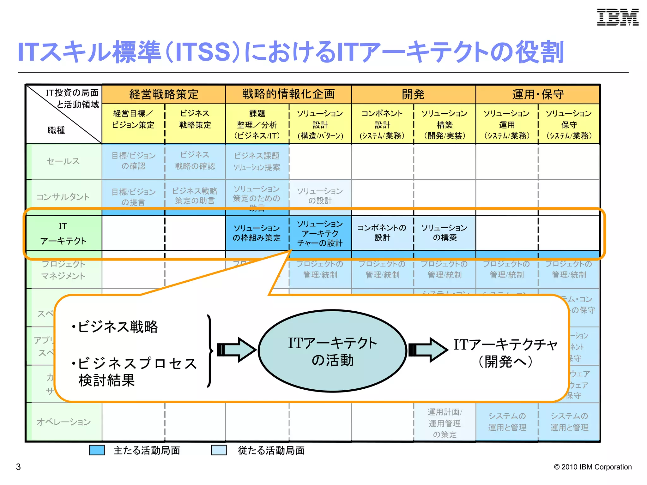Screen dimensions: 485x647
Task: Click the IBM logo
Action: (x=618, y=17)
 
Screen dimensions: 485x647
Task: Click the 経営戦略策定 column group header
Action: (x=164, y=94)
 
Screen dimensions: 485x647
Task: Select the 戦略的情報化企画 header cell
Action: (x=288, y=94)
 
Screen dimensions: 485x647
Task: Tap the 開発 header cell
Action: (x=413, y=94)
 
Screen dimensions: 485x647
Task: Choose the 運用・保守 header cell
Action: (x=538, y=94)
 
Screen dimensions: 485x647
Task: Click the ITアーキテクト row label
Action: (x=63, y=233)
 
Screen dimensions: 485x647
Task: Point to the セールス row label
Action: (x=63, y=161)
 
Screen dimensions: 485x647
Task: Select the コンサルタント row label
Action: (x=63, y=197)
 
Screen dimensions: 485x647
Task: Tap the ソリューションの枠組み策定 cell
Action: (x=257, y=233)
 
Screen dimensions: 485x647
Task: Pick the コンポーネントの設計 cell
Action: (x=382, y=233)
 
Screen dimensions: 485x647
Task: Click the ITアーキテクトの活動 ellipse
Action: (x=332, y=351)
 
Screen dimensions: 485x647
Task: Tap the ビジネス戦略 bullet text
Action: (x=115, y=327)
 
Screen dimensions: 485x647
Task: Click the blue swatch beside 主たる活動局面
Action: (x=97, y=450)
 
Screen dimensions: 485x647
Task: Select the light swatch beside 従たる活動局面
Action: (x=219, y=450)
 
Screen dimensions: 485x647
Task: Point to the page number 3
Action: (x=18, y=467)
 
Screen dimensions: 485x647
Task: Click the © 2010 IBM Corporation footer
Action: (x=593, y=467)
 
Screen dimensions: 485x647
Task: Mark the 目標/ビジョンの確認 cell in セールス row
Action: (x=133, y=161)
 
